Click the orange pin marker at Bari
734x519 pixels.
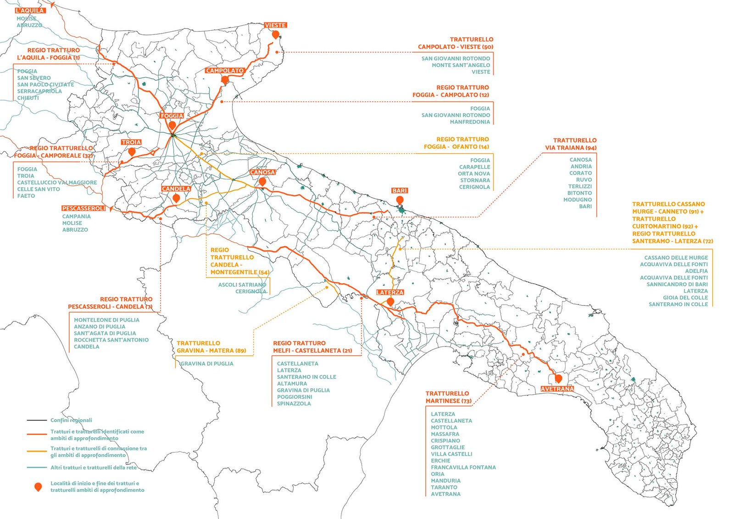(x=400, y=200)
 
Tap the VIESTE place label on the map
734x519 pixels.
(x=275, y=25)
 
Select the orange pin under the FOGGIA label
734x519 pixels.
(x=172, y=125)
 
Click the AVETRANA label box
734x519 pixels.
(x=557, y=389)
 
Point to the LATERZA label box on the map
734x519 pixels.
(x=390, y=292)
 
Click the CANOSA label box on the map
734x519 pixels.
(x=262, y=172)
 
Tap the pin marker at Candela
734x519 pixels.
(x=176, y=198)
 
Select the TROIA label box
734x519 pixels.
(x=131, y=142)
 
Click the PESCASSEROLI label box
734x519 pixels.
(x=84, y=208)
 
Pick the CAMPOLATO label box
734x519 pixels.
(x=224, y=71)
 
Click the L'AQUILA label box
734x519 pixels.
(x=30, y=10)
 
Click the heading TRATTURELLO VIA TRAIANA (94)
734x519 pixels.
(x=571, y=144)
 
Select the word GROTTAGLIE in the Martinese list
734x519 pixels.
(x=448, y=447)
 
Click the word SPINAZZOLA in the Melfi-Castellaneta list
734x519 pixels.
(x=294, y=403)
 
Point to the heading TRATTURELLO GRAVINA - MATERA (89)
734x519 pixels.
(x=211, y=346)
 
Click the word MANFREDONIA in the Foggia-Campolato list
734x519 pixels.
(x=470, y=122)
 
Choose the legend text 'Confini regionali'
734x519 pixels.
(x=71, y=420)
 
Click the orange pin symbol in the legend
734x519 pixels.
(x=39, y=486)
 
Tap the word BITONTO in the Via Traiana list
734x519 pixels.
(x=579, y=193)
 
